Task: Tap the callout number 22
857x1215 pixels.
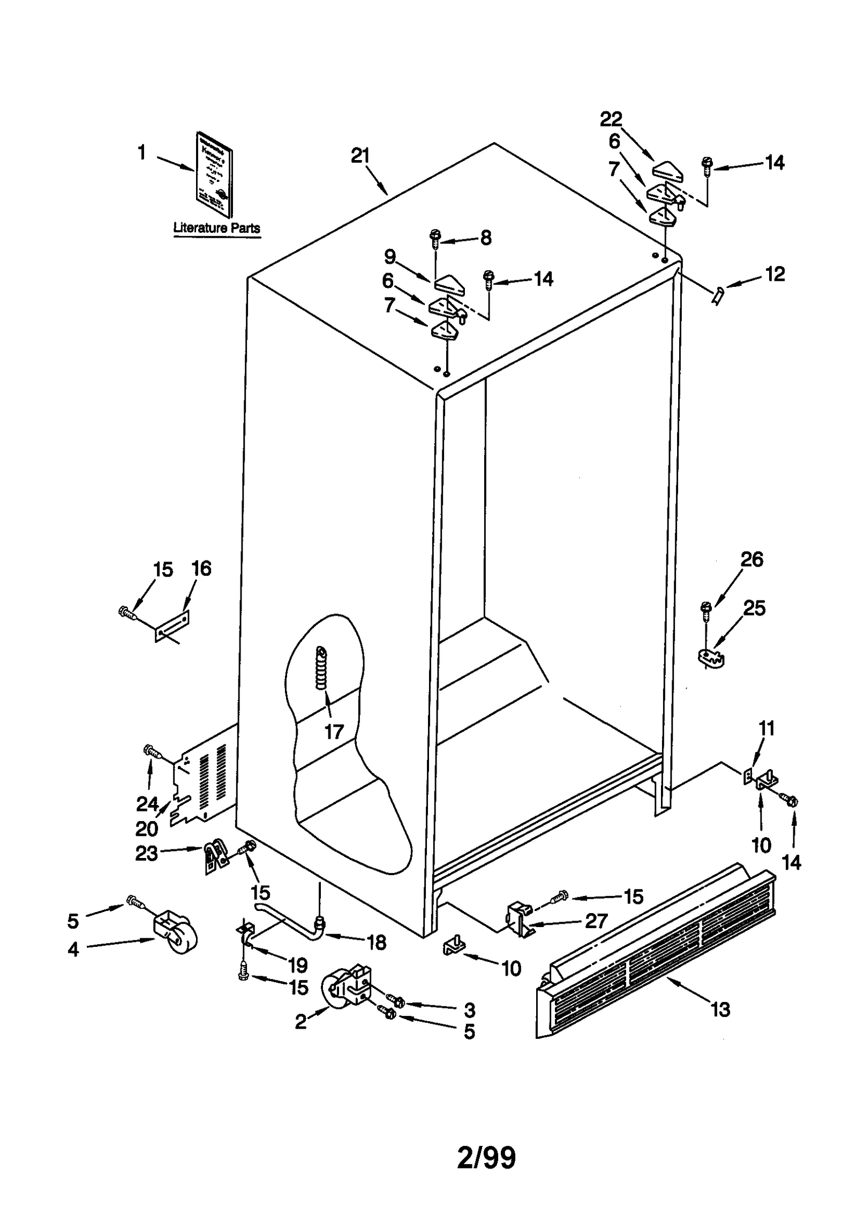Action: point(611,119)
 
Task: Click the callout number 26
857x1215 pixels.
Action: point(751,559)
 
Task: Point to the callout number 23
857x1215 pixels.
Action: point(146,853)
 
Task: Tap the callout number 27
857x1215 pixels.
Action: point(596,921)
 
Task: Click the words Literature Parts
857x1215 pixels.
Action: point(216,227)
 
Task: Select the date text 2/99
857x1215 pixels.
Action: point(486,1158)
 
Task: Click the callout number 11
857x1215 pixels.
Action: point(766,728)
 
